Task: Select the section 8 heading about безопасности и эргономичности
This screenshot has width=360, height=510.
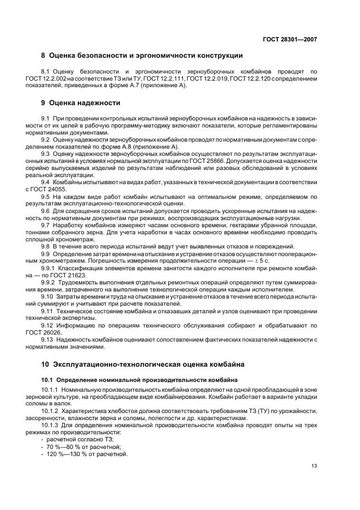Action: [x=142, y=56]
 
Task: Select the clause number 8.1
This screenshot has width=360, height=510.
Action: [x=46, y=71]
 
